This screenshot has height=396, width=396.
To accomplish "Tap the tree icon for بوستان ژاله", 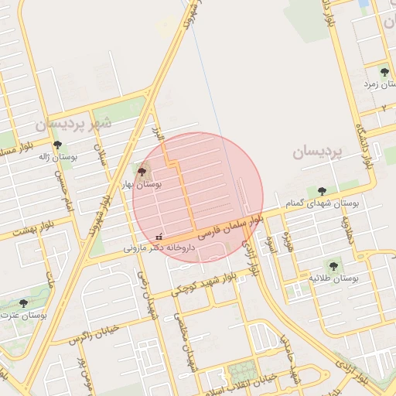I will (x=56, y=145).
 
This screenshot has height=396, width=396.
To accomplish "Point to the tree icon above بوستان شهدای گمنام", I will (x=322, y=191).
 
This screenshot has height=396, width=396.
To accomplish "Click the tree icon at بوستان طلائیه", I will (x=333, y=266).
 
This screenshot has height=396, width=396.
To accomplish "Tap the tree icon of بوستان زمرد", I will (x=384, y=72).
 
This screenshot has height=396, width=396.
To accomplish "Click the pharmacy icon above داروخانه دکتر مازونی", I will (x=159, y=237).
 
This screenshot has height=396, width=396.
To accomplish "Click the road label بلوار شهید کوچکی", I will (x=203, y=284).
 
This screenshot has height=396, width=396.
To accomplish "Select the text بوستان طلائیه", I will (x=334, y=278).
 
